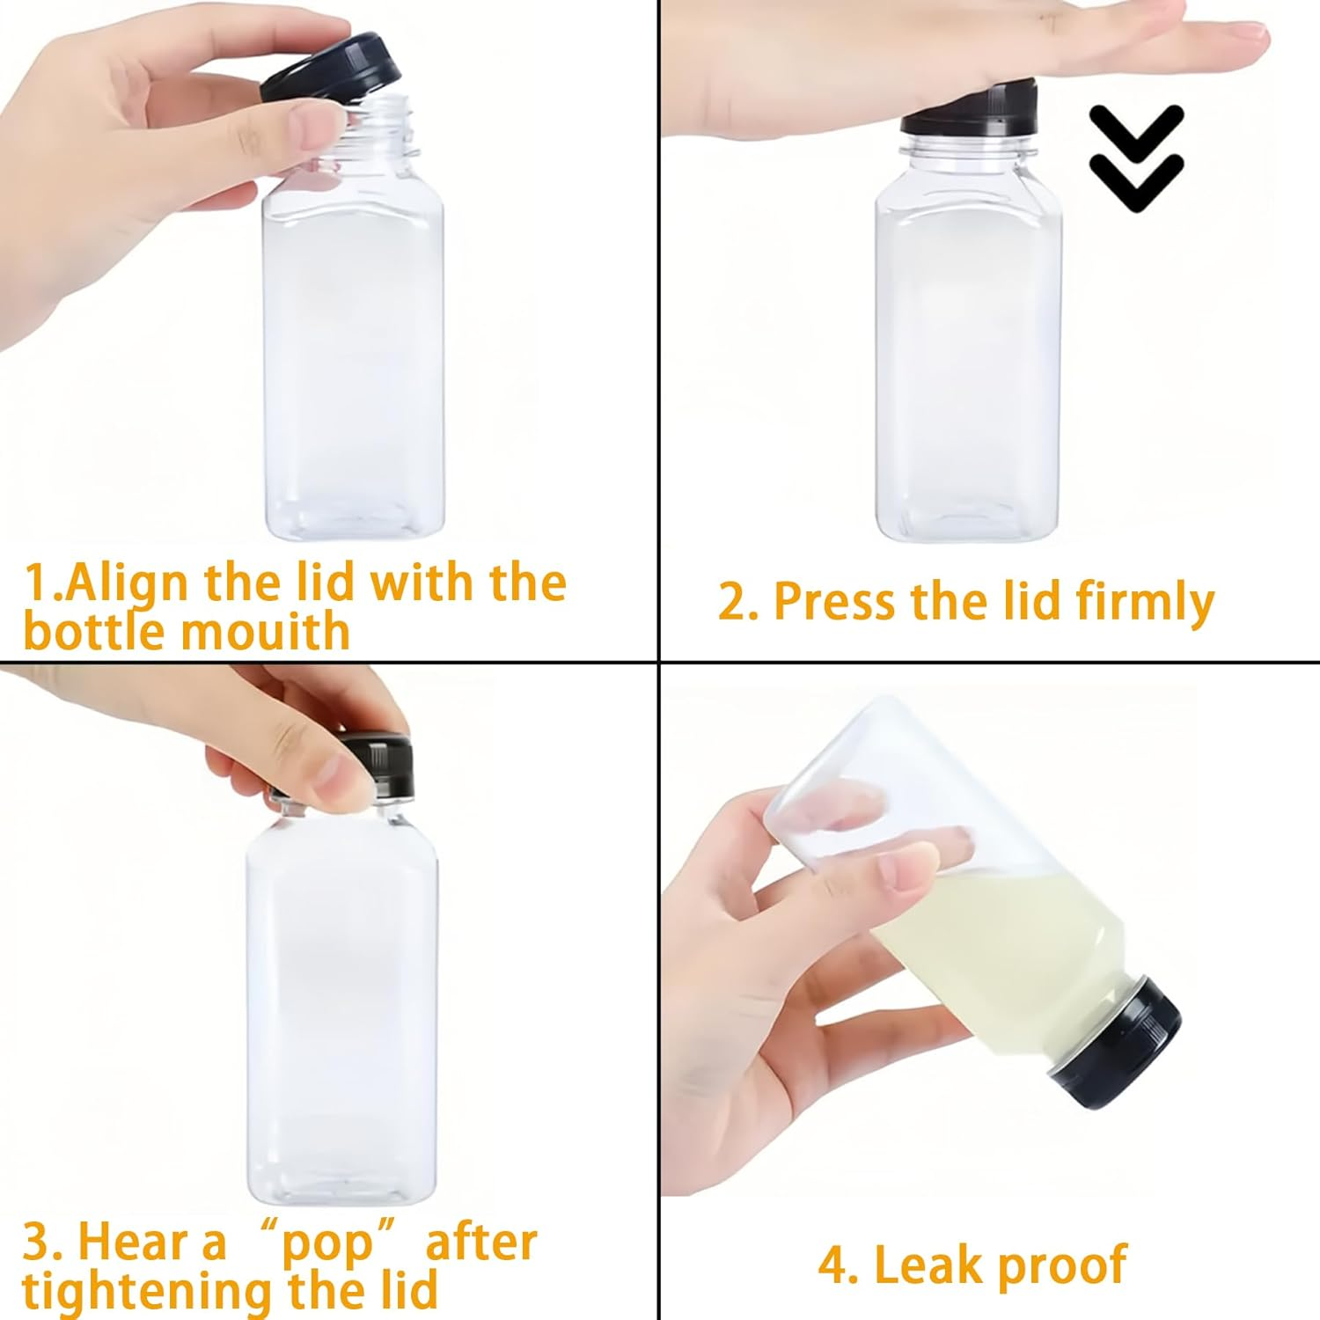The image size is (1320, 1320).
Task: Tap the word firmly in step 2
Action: click(x=1144, y=602)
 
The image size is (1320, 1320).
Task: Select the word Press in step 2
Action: click(x=836, y=602)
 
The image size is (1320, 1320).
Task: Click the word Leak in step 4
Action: click(x=924, y=1265)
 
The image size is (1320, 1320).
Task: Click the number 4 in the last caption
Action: click(x=832, y=1265)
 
